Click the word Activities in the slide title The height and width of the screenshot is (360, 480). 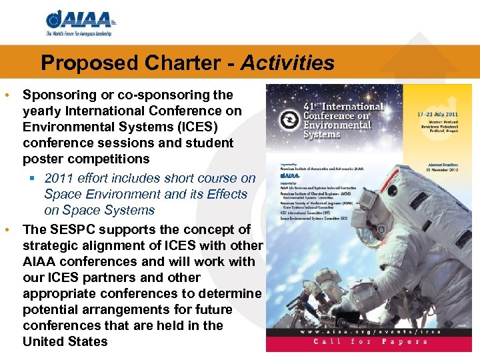pos(287,63)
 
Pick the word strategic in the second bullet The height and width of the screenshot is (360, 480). pos(52,245)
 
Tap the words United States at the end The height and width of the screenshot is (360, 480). pos(65,341)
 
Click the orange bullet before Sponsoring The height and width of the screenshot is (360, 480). pos(7,95)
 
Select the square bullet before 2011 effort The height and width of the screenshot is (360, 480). pos(31,178)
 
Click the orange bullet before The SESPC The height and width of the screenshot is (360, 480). pos(7,229)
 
